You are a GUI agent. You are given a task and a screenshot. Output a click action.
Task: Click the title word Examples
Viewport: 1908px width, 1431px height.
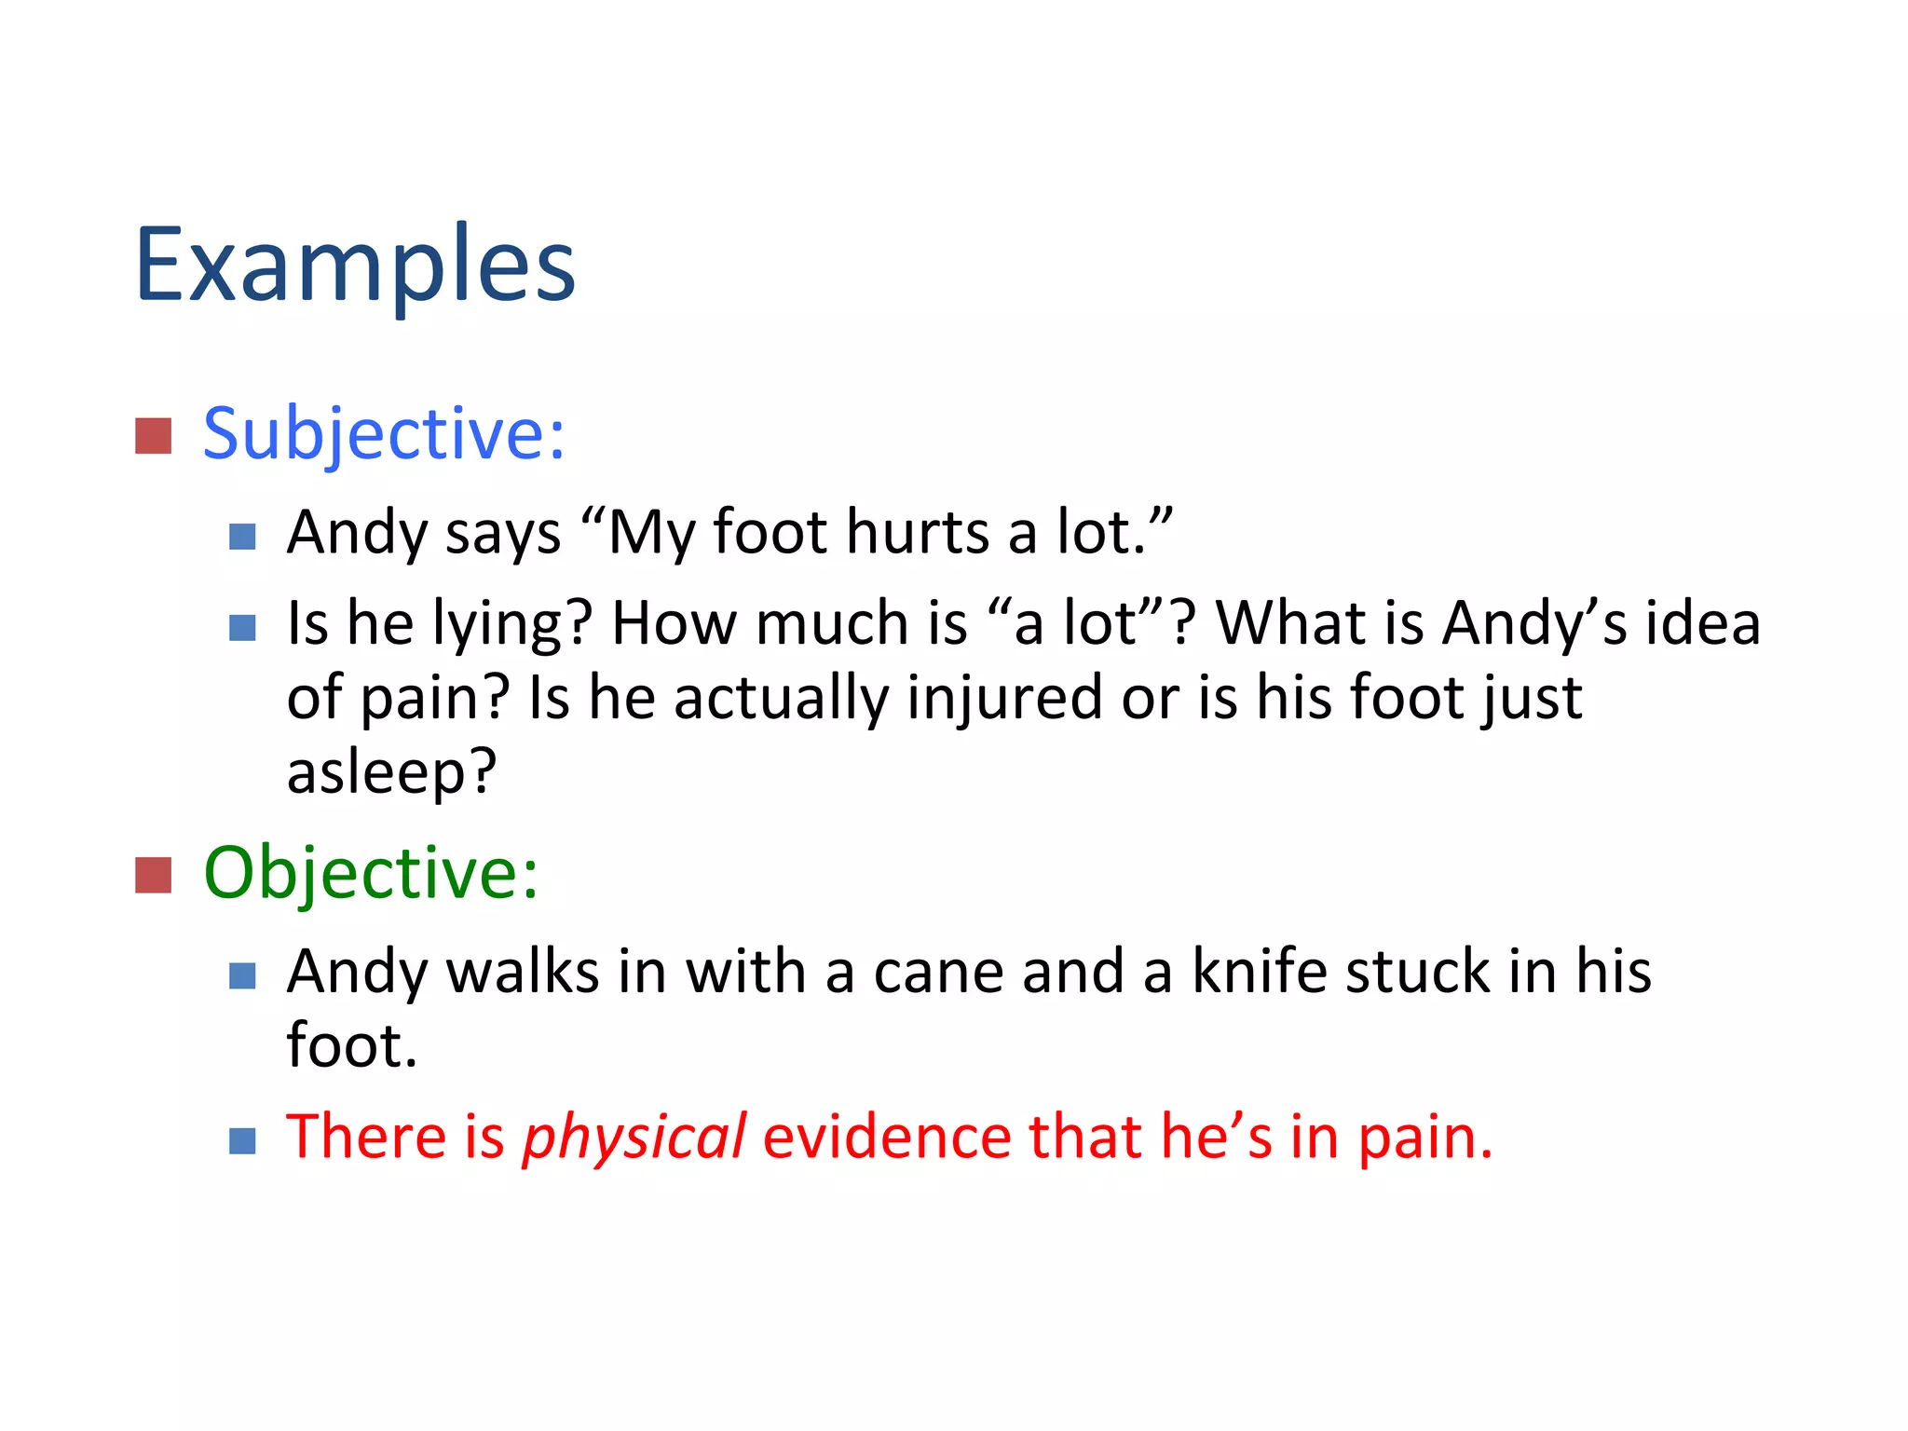pyautogui.click(x=355, y=266)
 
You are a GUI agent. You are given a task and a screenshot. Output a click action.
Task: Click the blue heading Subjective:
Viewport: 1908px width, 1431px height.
pyautogui.click(x=383, y=434)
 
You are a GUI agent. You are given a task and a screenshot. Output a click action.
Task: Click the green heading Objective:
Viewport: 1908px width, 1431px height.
pyautogui.click(x=370, y=873)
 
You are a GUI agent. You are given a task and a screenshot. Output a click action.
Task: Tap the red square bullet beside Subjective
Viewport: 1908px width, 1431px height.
pyautogui.click(x=153, y=436)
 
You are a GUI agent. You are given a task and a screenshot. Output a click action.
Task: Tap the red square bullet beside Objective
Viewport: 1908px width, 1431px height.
pyautogui.click(x=153, y=875)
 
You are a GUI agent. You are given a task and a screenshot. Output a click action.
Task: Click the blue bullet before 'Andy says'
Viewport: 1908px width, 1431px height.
pyautogui.click(x=242, y=537)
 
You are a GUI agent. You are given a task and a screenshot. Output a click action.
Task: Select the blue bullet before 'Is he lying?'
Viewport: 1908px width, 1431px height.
pyautogui.click(x=242, y=628)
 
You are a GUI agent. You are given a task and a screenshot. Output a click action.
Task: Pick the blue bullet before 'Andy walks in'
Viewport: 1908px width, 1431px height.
pyautogui.click(x=242, y=975)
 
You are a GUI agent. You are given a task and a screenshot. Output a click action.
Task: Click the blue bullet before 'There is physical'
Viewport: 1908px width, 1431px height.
pyautogui.click(x=242, y=1140)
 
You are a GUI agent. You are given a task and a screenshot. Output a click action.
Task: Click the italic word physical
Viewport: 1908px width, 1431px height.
pyautogui.click(x=634, y=1138)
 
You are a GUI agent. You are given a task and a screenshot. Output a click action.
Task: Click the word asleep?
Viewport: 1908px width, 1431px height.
pyautogui.click(x=391, y=772)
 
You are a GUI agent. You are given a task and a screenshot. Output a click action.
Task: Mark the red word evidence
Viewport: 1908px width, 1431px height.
pyautogui.click(x=886, y=1138)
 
